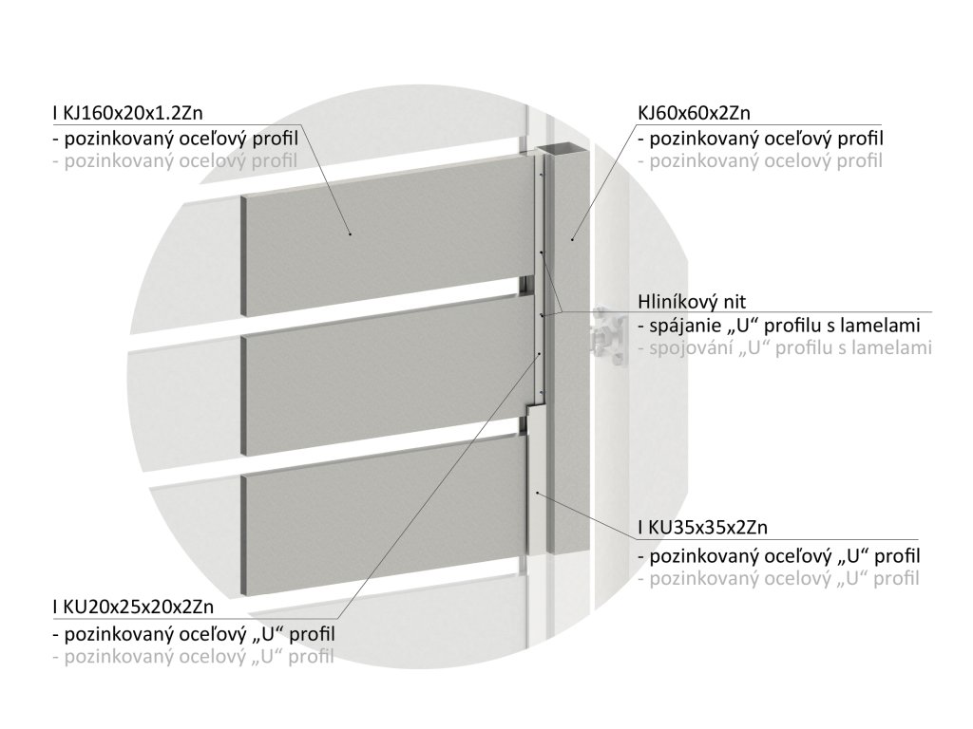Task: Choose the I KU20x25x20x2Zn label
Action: [133, 608]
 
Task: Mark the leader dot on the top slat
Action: [351, 234]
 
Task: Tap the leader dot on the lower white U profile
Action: [538, 494]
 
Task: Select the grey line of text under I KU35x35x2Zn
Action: [778, 577]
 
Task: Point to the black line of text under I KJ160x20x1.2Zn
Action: [176, 139]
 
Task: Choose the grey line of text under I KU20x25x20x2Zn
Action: [194, 656]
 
